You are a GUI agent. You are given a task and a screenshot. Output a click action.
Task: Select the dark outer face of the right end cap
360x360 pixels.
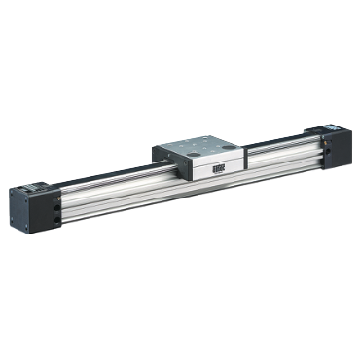(x=343, y=148)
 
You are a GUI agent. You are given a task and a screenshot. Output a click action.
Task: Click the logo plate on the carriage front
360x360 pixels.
(x=215, y=168)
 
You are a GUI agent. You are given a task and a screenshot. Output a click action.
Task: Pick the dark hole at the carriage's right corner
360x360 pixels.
(x=230, y=145)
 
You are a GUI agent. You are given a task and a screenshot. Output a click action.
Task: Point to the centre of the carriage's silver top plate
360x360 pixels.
(x=199, y=145)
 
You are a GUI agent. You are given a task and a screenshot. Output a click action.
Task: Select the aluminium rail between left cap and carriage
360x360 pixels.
(x=112, y=189)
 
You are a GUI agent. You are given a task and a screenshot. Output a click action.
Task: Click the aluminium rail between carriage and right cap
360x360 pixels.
(x=282, y=156)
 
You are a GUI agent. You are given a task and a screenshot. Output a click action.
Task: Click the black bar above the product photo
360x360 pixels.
(x=180, y=58)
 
